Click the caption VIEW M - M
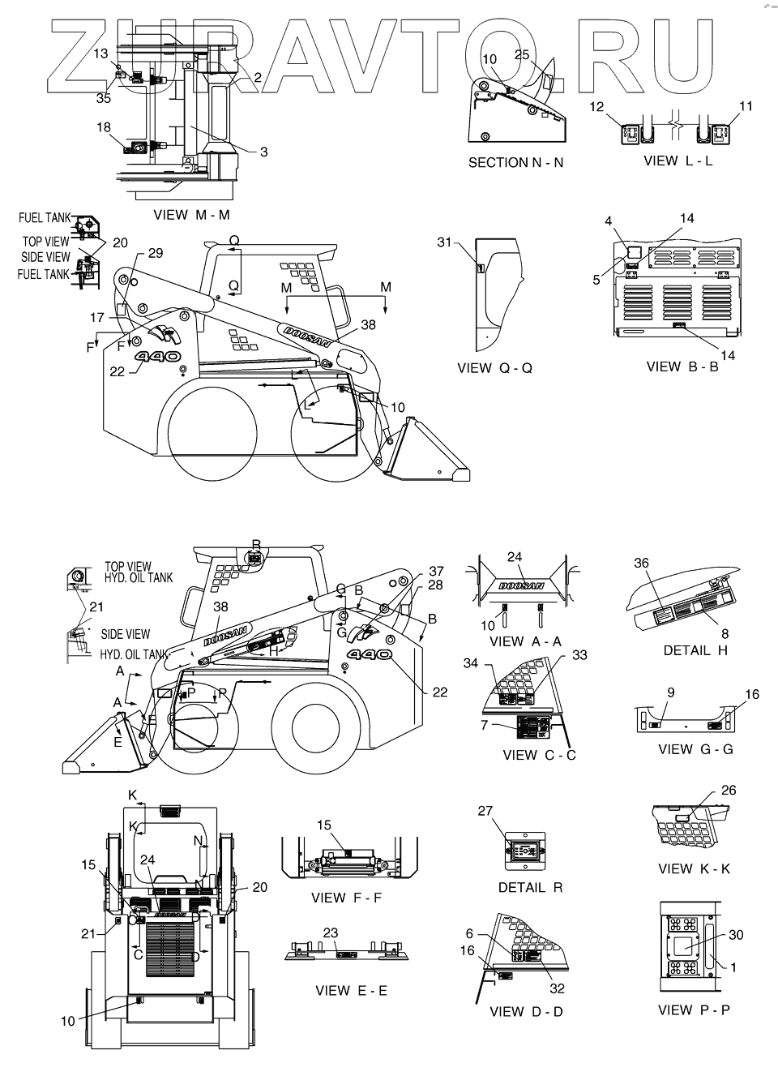pos(191,215)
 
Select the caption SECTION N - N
pos(515,162)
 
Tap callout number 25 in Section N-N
pos(522,55)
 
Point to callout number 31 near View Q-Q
pos(443,242)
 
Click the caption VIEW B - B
pos(682,367)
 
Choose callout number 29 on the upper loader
pos(155,254)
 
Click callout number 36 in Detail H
pos(642,562)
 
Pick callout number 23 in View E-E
pos(331,933)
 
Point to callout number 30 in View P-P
pos(736,935)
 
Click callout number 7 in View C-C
pos(484,725)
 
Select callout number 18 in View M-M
pos(105,127)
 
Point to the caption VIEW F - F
pos(345,898)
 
